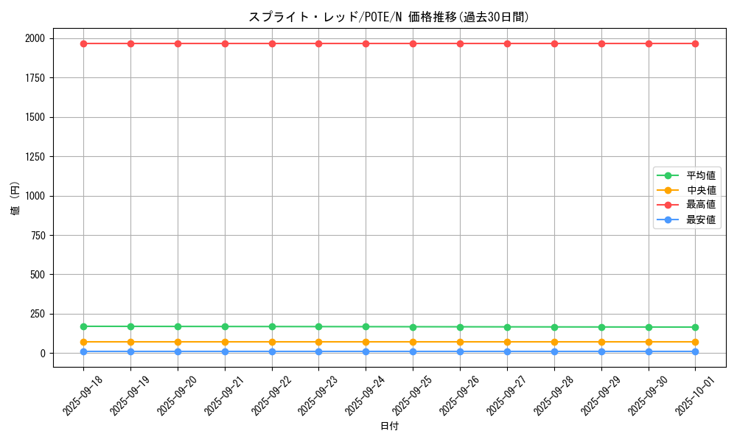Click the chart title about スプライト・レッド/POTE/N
coord(388,17)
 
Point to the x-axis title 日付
coord(388,427)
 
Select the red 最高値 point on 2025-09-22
coord(272,43)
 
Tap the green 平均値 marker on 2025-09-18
coord(83,326)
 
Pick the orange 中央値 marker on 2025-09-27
coord(507,342)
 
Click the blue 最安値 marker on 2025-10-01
coord(695,351)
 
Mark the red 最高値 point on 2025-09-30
coord(649,43)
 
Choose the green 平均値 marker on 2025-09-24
coord(366,326)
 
